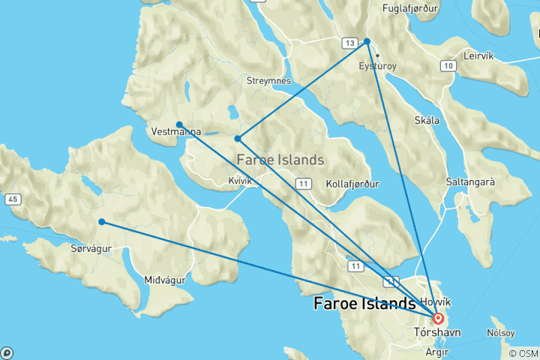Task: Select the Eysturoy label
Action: pos(377,66)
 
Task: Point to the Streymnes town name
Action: pos(268,80)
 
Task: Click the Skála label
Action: pos(427,120)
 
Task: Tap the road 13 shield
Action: pos(349,43)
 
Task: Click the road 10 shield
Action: pos(448,67)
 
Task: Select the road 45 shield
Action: pos(12,199)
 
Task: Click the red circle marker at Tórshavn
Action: pos(438,318)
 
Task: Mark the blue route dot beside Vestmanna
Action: pos(179,124)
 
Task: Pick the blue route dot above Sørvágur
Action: pos(101,221)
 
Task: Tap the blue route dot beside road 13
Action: pos(367,41)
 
